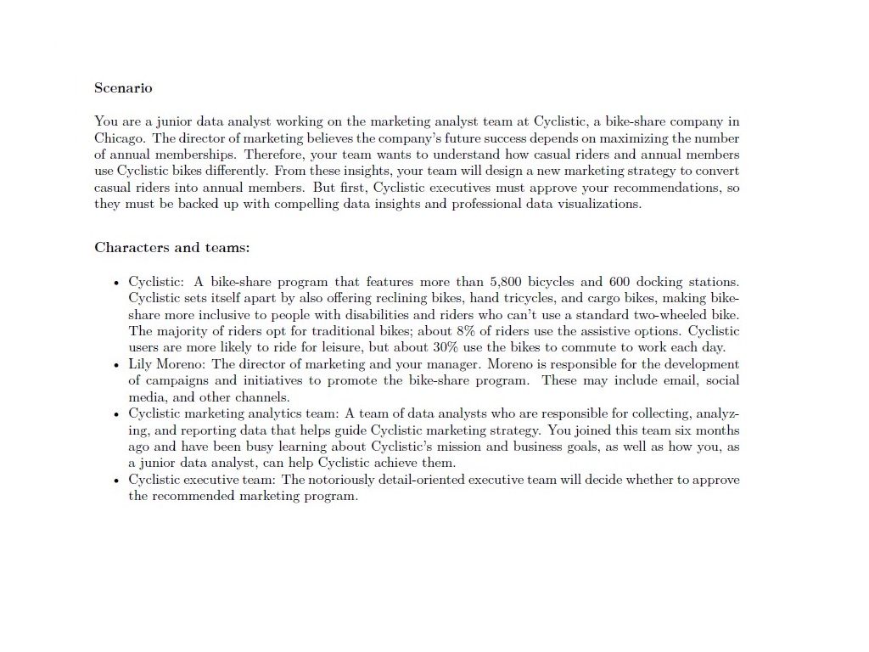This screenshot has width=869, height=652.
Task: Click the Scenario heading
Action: tap(123, 87)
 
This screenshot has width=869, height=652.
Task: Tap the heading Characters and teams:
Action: tap(171, 248)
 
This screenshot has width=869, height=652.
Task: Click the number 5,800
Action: tap(507, 281)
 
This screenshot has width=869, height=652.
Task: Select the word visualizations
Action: tap(598, 204)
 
